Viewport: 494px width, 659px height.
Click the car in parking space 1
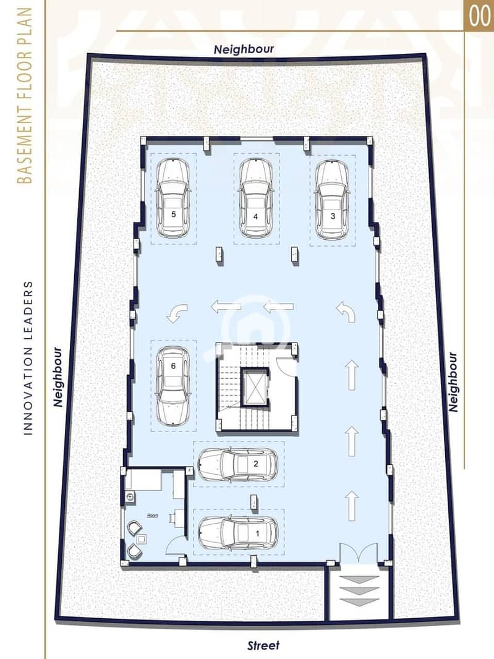tap(238, 533)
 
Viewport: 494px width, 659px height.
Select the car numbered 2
tap(238, 464)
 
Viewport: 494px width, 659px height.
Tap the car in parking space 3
tap(332, 200)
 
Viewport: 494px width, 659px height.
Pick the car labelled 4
tap(256, 200)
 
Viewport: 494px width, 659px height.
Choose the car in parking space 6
tap(172, 385)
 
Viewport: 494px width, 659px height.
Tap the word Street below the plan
tap(263, 645)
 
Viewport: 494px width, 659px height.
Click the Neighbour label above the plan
tap(244, 49)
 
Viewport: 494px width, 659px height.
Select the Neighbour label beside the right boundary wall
tap(453, 382)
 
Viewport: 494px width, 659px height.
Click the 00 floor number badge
tap(479, 15)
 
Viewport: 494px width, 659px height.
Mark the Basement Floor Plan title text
tap(25, 95)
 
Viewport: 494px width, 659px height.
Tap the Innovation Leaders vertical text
tap(28, 358)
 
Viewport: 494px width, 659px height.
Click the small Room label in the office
tap(152, 515)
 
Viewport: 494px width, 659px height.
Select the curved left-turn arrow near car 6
tap(177, 313)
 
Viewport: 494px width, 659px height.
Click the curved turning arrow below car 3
tap(346, 312)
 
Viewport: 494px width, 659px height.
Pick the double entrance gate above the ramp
tap(359, 553)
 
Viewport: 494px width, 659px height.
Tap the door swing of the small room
tap(176, 547)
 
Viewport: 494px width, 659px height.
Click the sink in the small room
tap(130, 497)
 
